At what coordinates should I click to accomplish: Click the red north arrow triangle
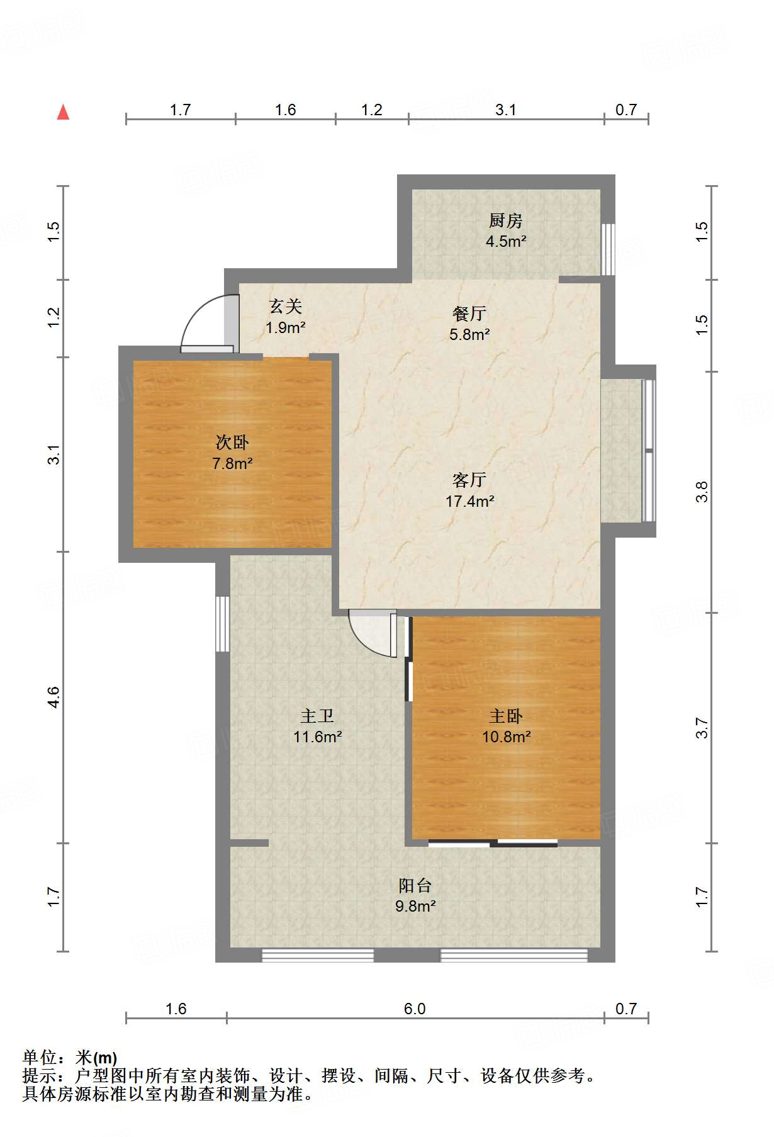click(63, 112)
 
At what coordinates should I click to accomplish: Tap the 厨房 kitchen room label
click(506, 221)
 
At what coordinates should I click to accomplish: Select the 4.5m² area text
click(506, 241)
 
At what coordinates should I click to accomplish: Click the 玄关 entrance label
click(286, 307)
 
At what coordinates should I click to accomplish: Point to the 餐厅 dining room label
click(469, 314)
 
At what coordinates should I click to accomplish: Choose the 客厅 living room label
click(469, 480)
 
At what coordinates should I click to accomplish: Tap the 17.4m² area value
click(469, 502)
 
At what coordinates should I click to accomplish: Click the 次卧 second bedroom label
click(232, 443)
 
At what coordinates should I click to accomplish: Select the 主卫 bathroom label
click(317, 716)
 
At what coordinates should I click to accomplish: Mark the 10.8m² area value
click(507, 737)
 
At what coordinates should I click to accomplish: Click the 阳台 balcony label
click(415, 886)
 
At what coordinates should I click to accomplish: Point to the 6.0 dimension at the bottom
click(415, 1009)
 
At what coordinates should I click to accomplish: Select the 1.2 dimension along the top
click(372, 110)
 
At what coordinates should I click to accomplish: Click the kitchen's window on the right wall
click(608, 249)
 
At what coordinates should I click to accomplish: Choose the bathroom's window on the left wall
click(223, 624)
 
